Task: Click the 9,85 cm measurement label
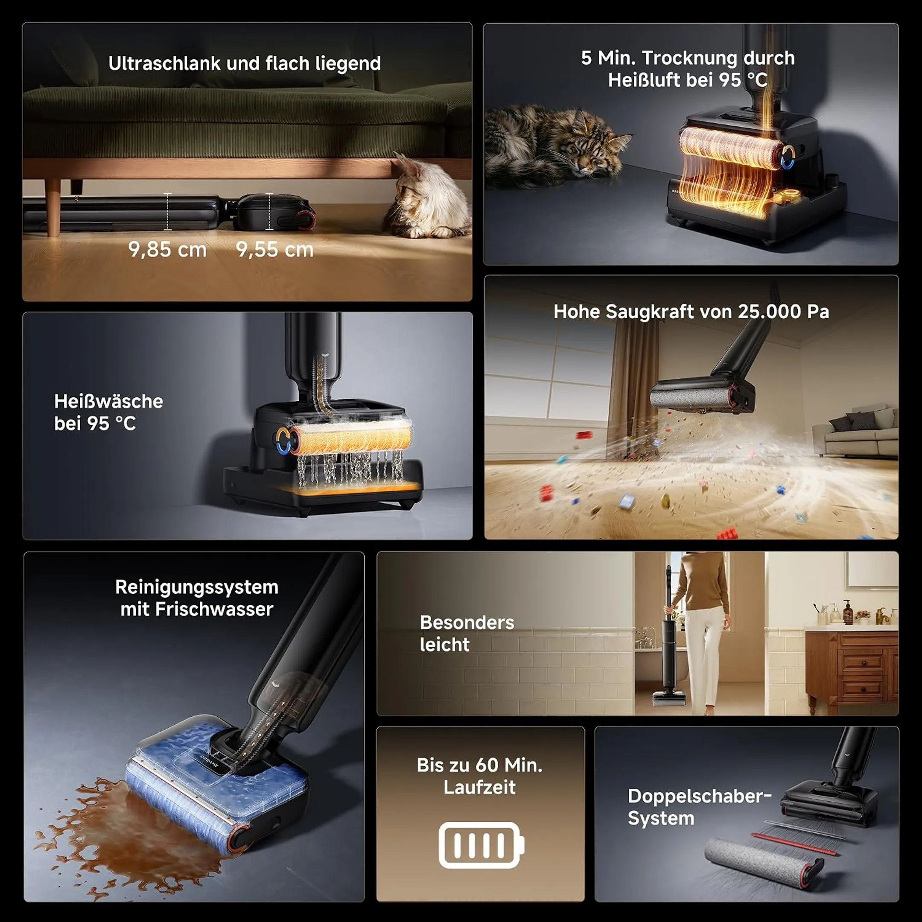click(x=167, y=250)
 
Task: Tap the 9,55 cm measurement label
click(x=275, y=250)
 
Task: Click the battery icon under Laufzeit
click(x=481, y=845)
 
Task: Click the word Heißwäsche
click(x=108, y=401)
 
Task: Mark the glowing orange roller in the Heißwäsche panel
click(x=351, y=438)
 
